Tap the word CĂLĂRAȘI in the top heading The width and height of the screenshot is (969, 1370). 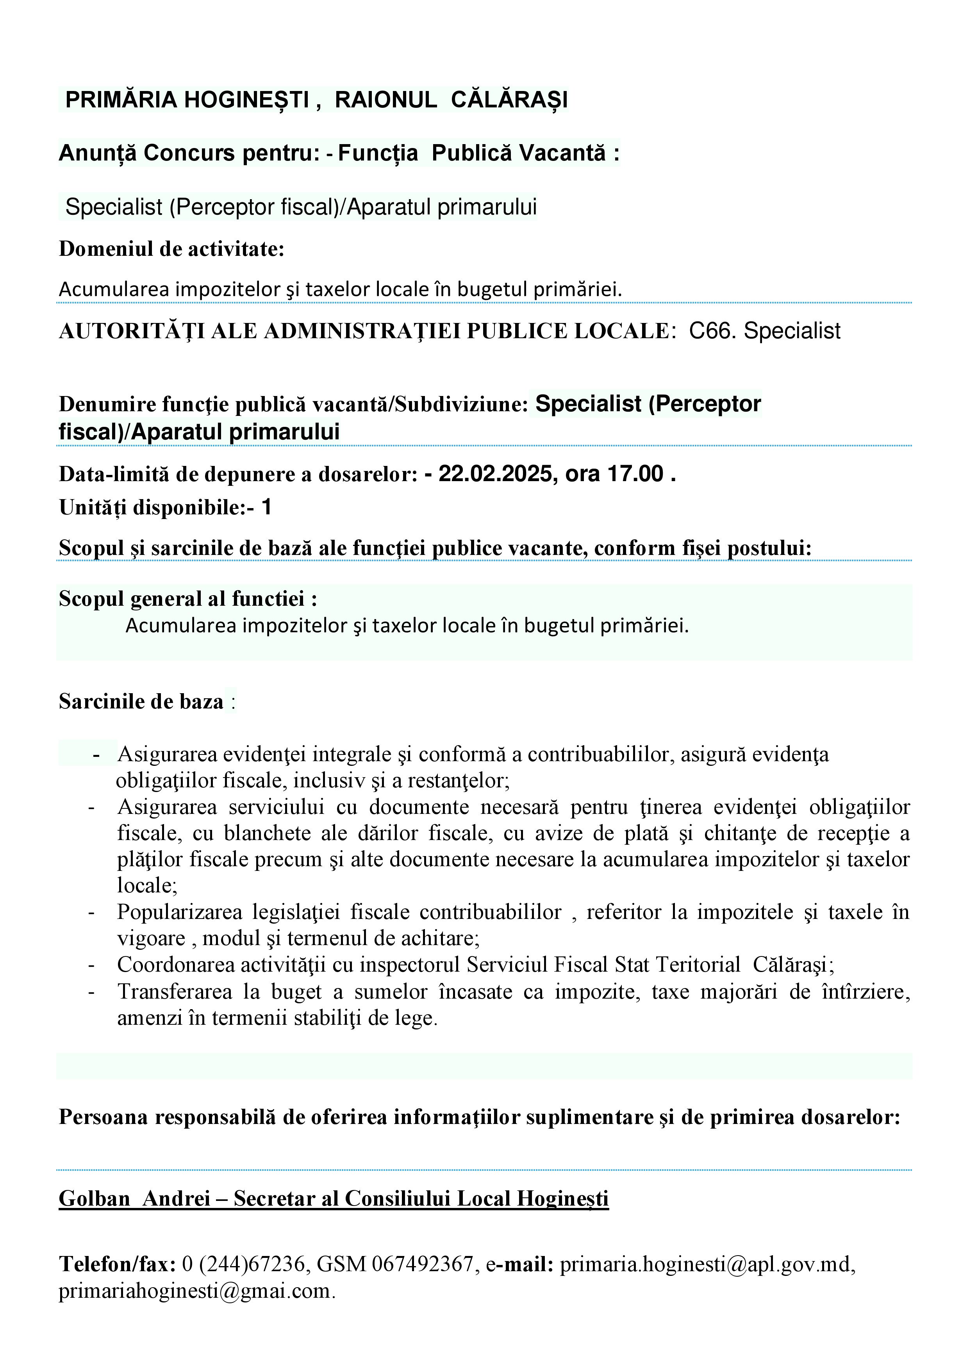pyautogui.click(x=509, y=100)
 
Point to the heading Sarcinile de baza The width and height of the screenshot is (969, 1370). pyautogui.click(x=141, y=701)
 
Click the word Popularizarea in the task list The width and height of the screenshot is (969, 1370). pyautogui.click(x=180, y=912)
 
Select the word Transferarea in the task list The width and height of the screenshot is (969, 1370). pyautogui.click(x=175, y=992)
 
